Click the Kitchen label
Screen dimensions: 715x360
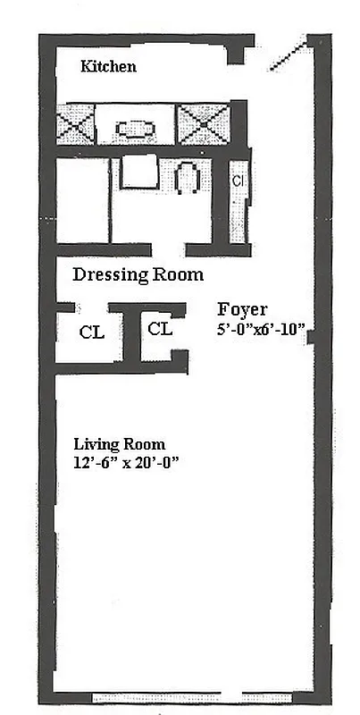tap(108, 66)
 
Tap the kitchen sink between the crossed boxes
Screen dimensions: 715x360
tap(135, 127)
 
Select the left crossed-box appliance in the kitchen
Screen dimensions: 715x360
tap(75, 124)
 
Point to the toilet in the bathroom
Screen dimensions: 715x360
tap(188, 178)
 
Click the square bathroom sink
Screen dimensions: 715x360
tap(138, 172)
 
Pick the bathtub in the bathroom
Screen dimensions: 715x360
tap(82, 200)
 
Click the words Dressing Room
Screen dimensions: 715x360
tap(138, 274)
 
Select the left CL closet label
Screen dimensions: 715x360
tap(91, 332)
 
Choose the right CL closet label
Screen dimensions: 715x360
tap(160, 329)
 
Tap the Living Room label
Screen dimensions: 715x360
tap(119, 444)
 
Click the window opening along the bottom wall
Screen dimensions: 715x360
tap(193, 695)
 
